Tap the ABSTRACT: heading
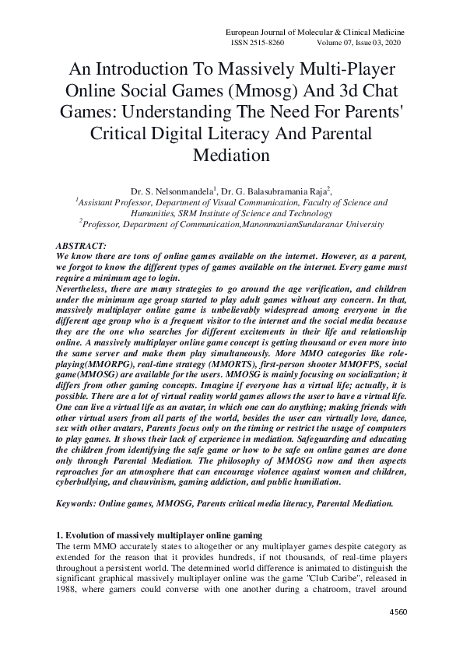pos(83,245)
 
